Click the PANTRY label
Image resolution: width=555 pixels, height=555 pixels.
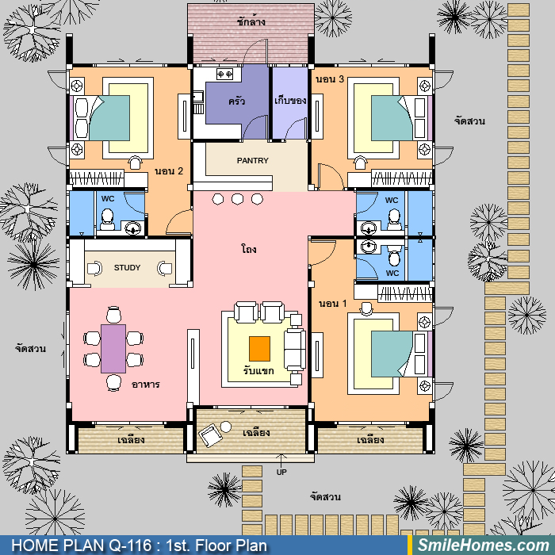(x=252, y=161)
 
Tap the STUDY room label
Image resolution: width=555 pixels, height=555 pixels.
(x=127, y=268)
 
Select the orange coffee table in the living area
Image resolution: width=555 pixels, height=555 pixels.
(x=259, y=349)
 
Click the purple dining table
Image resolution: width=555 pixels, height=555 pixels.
(x=113, y=349)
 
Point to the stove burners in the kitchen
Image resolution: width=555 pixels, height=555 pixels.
(x=224, y=75)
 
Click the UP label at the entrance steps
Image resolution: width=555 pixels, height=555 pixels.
(x=281, y=473)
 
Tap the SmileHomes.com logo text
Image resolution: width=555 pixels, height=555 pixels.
(x=484, y=545)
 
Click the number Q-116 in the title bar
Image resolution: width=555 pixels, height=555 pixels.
(x=130, y=545)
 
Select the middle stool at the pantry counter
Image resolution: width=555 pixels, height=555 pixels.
(x=238, y=199)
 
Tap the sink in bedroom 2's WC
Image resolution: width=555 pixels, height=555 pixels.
(x=132, y=228)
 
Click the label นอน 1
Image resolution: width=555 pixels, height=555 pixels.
(x=332, y=304)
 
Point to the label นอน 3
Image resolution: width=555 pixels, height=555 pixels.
(x=330, y=79)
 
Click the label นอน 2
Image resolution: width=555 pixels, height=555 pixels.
(x=169, y=171)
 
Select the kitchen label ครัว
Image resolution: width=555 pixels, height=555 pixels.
(x=237, y=101)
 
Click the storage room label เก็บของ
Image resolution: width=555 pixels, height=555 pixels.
(x=290, y=101)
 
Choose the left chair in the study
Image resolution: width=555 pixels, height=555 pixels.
(x=94, y=268)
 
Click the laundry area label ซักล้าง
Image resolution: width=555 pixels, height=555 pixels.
(x=251, y=21)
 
